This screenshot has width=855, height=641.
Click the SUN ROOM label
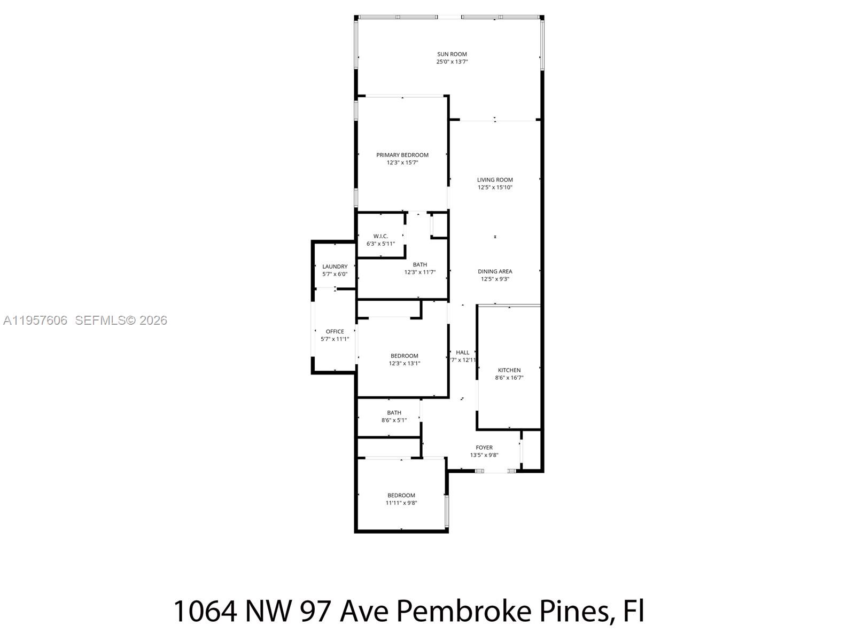click(452, 54)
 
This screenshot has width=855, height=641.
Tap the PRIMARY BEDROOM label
click(402, 155)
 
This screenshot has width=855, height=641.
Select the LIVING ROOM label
click(495, 180)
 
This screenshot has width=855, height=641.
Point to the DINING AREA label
click(495, 271)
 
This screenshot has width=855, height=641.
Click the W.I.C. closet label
click(380, 236)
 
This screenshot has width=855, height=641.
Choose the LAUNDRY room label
click(335, 267)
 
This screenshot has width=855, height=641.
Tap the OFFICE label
click(335, 332)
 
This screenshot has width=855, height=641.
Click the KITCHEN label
click(509, 370)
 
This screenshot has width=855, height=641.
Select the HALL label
click(463, 353)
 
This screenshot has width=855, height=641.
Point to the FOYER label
click(484, 448)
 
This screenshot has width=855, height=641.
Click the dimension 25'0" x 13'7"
click(452, 62)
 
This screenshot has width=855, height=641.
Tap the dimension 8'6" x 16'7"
click(509, 378)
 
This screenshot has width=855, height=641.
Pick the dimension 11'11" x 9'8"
click(401, 503)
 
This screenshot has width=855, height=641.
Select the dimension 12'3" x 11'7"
click(419, 272)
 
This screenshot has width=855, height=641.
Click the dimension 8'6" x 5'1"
click(394, 420)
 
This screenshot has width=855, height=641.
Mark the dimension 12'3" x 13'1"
click(405, 364)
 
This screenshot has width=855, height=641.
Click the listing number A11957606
click(35, 320)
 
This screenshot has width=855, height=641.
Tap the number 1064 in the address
click(205, 611)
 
